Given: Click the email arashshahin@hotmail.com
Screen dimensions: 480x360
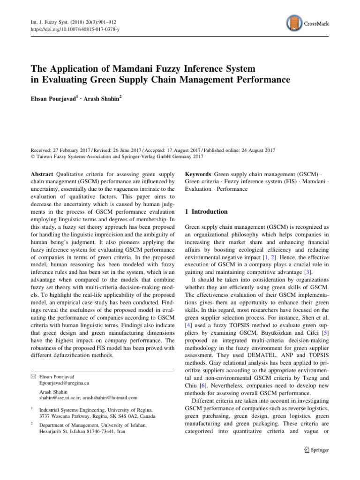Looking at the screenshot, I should tap(108, 398).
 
